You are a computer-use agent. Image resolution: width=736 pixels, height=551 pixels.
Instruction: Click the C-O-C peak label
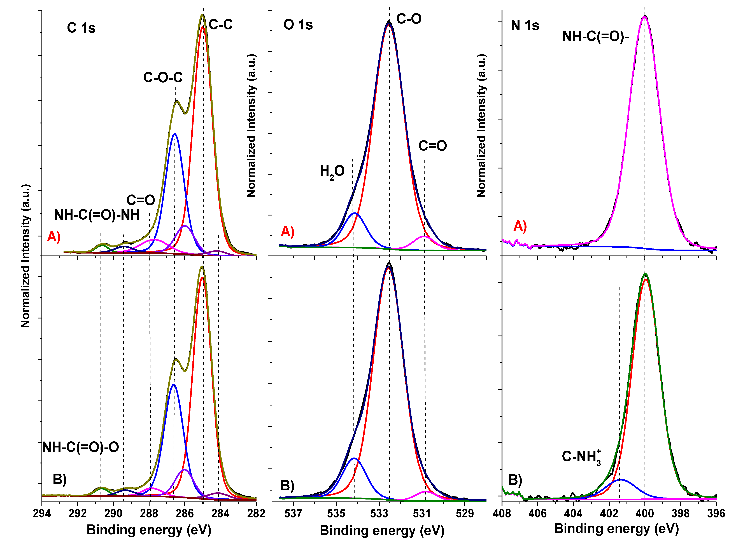tap(163, 78)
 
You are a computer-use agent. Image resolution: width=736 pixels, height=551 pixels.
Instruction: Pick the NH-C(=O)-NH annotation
tap(97, 215)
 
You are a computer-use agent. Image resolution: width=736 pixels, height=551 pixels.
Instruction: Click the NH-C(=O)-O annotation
tap(81, 447)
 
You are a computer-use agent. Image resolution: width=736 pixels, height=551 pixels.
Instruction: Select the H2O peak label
tap(332, 172)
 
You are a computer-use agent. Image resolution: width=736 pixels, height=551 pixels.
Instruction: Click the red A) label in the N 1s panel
tap(520, 226)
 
